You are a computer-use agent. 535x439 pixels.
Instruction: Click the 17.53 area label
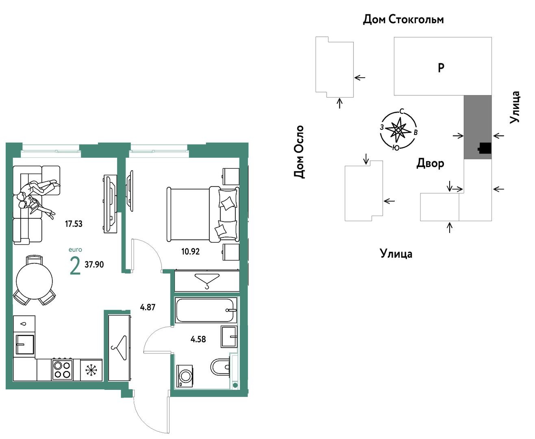pyautogui.click(x=74, y=224)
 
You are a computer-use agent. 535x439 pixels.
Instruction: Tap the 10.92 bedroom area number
pyautogui.click(x=190, y=252)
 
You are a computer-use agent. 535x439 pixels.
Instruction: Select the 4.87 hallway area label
pyautogui.click(x=148, y=307)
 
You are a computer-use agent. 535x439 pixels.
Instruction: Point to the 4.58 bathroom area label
pyautogui.click(x=198, y=339)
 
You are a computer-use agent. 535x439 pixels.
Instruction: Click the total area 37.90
pyautogui.click(x=94, y=265)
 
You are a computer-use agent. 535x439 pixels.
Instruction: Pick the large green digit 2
pyautogui.click(x=75, y=265)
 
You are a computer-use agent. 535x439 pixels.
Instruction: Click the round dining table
pyautogui.click(x=34, y=281)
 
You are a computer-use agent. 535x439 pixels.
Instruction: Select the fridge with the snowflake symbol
pyautogui.click(x=91, y=370)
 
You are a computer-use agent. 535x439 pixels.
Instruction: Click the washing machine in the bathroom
pyautogui.click(x=185, y=376)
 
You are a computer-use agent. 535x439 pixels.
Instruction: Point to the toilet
pyautogui.click(x=220, y=367)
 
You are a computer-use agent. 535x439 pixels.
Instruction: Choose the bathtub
pyautogui.click(x=206, y=310)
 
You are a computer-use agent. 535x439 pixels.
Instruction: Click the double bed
pyautogui.click(x=203, y=214)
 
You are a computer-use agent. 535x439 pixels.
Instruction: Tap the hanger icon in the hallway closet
pyautogui.click(x=119, y=348)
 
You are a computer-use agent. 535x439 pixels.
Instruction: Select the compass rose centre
pyautogui.click(x=398, y=130)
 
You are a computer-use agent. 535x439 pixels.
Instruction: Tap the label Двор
pyautogui.click(x=430, y=163)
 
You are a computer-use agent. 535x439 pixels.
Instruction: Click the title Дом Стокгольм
pyautogui.click(x=403, y=20)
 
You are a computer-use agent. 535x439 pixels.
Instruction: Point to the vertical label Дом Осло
pyautogui.click(x=299, y=152)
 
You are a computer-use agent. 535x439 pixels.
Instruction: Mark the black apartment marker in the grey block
pyautogui.click(x=485, y=148)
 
